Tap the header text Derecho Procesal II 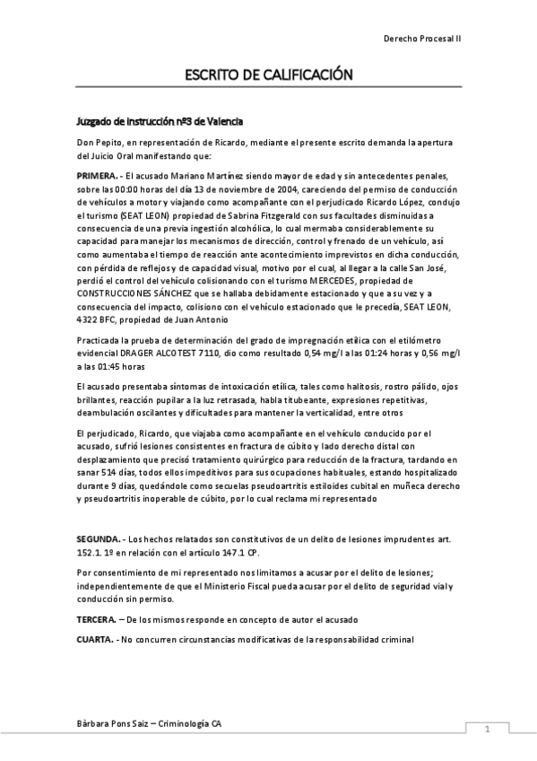(420, 39)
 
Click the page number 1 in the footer (486, 729)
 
